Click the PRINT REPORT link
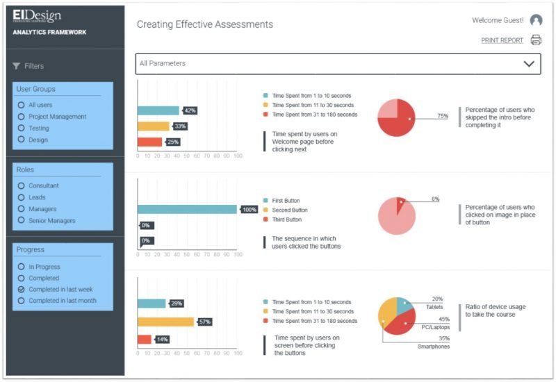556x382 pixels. pos(502,40)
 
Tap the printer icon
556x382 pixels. pos(536,40)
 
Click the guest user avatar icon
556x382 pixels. pos(536,20)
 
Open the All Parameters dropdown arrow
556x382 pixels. pos(529,64)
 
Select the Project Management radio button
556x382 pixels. pos(22,117)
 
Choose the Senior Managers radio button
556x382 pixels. pos(22,221)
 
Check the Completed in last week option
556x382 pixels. pos(22,290)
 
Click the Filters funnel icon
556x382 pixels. pos(16,66)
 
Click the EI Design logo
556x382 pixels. pos(37,17)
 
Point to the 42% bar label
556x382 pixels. pos(190,110)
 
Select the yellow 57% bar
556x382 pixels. pos(165,322)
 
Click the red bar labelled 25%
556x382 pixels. pos(149,142)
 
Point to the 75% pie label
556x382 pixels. pos(442,117)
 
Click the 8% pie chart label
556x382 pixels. pos(435,199)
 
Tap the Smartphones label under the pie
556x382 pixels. pos(434,347)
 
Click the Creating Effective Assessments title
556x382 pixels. pos(204,25)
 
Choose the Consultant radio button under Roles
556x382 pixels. pos(22,186)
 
